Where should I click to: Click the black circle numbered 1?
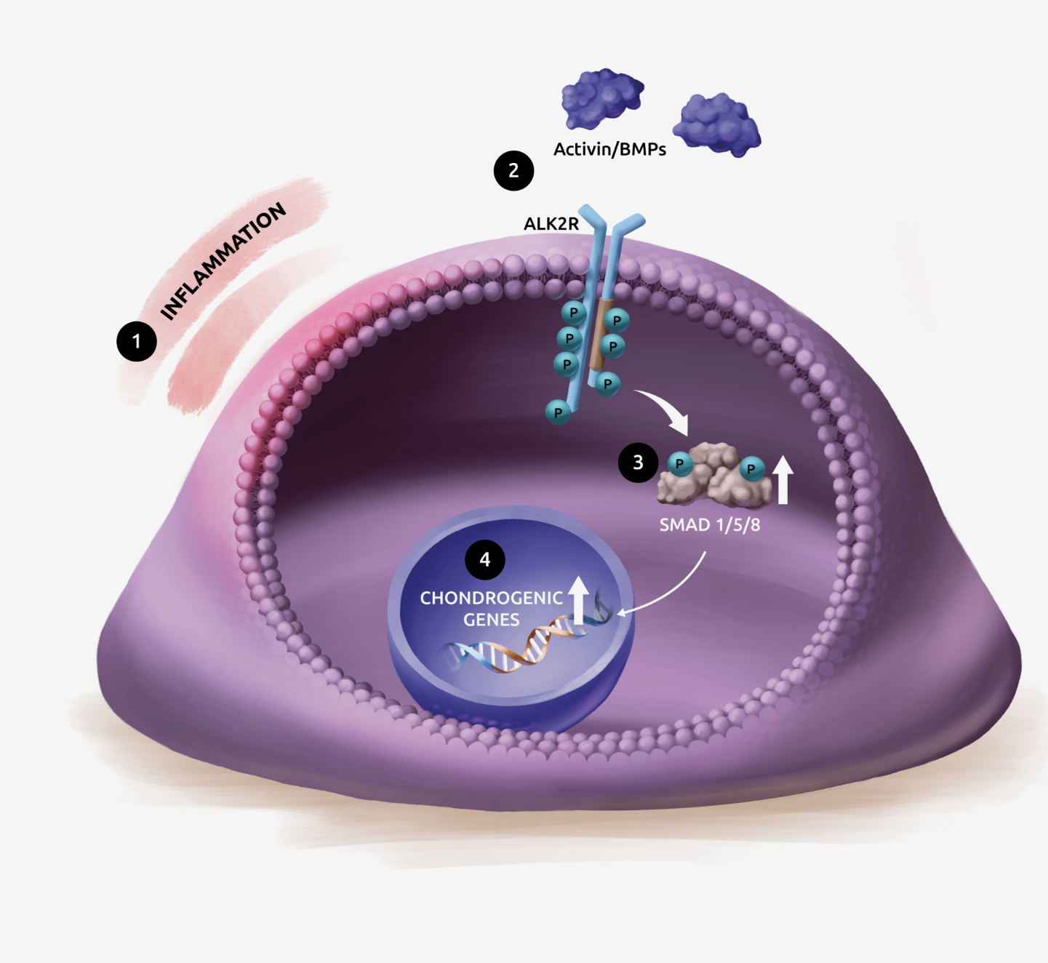pos(137,342)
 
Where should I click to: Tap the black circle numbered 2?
pos(513,171)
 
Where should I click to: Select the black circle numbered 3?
pos(638,463)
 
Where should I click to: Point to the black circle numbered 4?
pos(485,559)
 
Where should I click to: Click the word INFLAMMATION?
pos(223,260)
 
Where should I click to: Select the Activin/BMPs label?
pos(609,149)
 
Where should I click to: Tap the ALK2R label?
pos(551,223)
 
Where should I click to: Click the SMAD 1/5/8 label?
pos(710,524)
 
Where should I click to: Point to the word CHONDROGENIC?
pos(491,598)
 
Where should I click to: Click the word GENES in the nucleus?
pos(491,620)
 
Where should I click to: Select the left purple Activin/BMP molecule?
pos(602,98)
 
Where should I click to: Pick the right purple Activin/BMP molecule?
pos(717,125)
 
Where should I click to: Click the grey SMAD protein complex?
pos(715,476)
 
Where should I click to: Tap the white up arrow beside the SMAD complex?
pos(783,479)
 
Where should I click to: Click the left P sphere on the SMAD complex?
pos(680,464)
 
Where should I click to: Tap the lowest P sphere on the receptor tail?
pos(558,412)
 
